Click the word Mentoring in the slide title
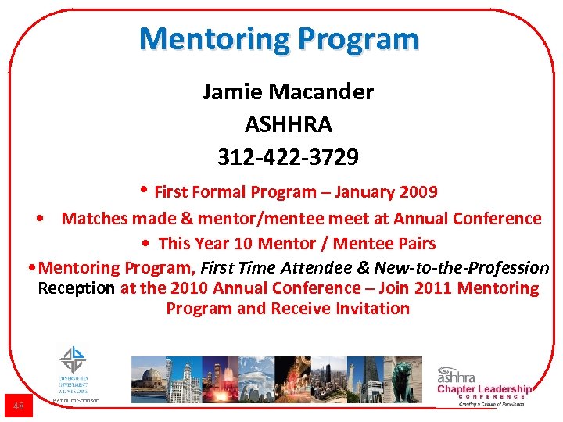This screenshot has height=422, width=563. pyautogui.click(x=205, y=38)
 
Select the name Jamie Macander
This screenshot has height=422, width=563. pyautogui.click(x=288, y=92)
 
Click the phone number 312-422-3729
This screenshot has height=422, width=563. pyautogui.click(x=288, y=158)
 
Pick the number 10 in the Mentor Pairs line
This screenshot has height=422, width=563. pyautogui.click(x=243, y=243)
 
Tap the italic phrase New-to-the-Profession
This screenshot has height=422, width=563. pyautogui.click(x=462, y=267)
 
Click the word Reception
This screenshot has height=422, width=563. pyautogui.click(x=76, y=288)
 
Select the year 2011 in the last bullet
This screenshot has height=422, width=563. pyautogui.click(x=432, y=288)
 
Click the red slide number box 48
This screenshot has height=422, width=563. pyautogui.click(x=19, y=406)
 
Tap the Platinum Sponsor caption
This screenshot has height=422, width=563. pyautogui.click(x=74, y=401)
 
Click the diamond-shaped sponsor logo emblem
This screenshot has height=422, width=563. pyautogui.click(x=74, y=359)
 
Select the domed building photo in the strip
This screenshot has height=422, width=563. pyautogui.click(x=148, y=379)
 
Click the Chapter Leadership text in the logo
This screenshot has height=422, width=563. pyautogui.click(x=484, y=389)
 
